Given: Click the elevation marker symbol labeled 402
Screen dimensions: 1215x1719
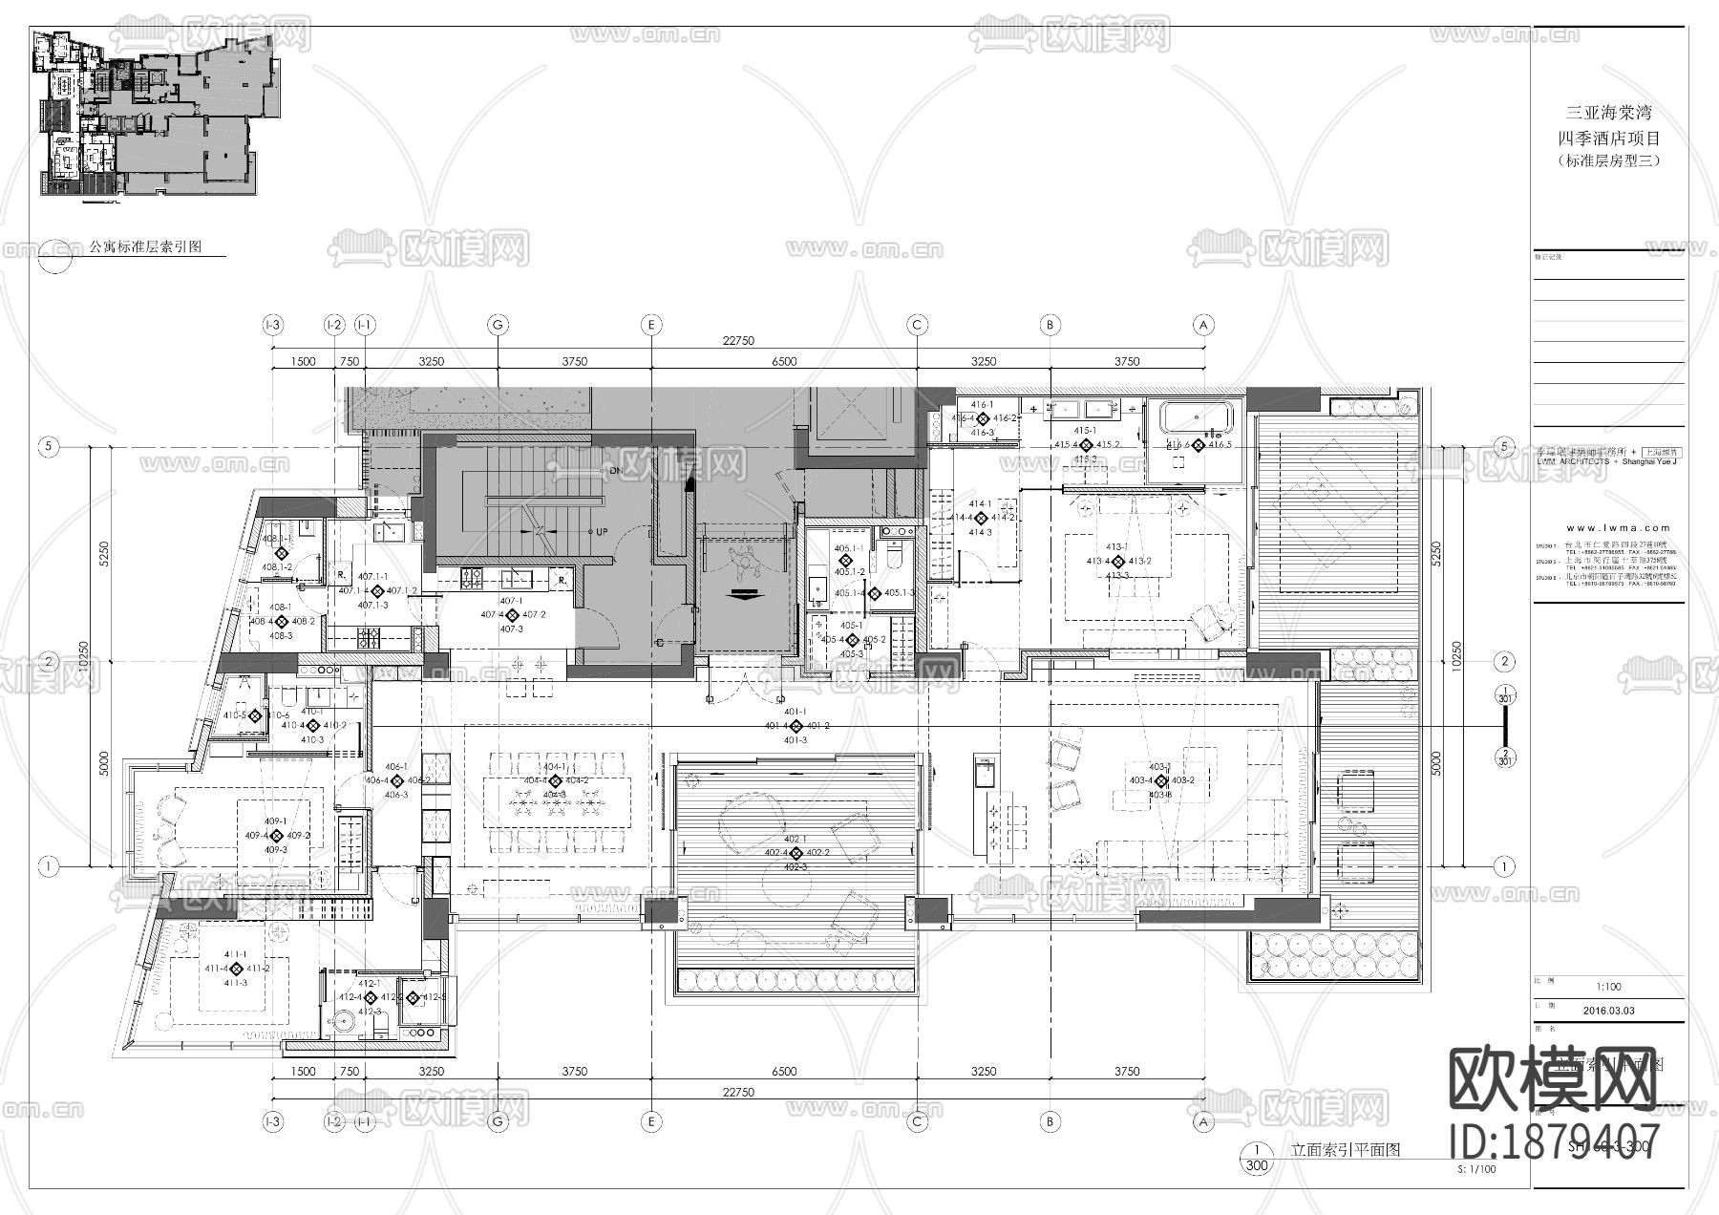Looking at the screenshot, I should click(x=796, y=852).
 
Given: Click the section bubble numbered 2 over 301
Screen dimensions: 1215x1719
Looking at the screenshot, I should click(x=1504, y=758).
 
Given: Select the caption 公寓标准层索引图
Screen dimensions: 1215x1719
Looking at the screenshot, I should click(x=145, y=246).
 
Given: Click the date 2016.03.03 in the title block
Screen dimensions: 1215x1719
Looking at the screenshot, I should click(x=1607, y=1010).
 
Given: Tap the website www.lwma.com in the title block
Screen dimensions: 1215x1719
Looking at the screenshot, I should click(x=1620, y=527).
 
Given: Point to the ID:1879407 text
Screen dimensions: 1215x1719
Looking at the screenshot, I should click(x=1554, y=1142).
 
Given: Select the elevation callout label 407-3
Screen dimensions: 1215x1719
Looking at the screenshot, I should click(x=511, y=629).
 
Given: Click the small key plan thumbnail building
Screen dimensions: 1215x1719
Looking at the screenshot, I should click(x=153, y=115).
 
